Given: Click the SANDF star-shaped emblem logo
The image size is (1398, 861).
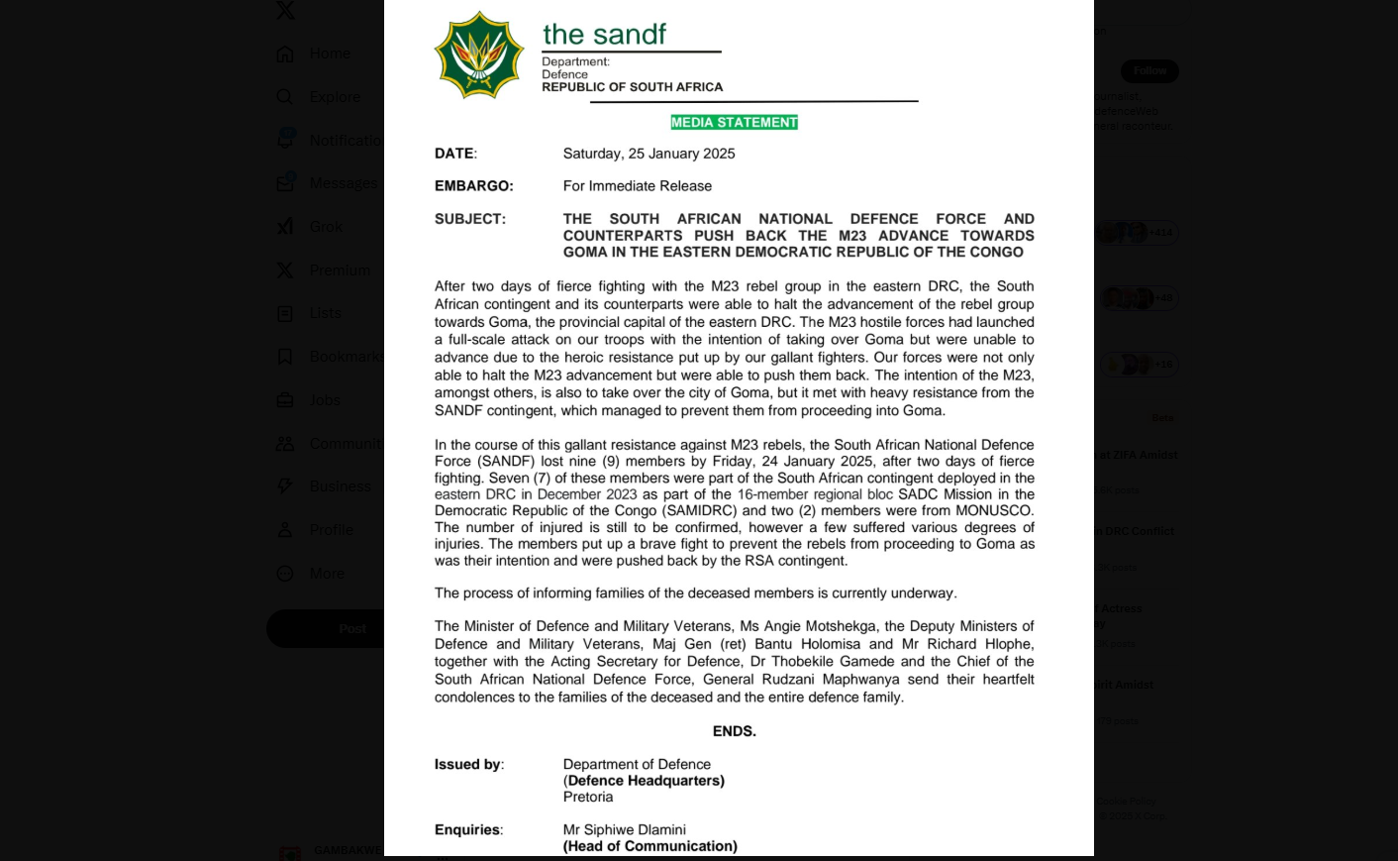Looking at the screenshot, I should pos(479,55).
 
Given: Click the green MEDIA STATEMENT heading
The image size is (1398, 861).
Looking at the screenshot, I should pos(734,123).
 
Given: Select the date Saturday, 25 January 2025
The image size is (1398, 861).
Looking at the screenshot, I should pos(649,154).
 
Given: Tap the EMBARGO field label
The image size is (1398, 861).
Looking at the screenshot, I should pos(473,186).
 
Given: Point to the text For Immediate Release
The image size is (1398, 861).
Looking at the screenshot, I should pos(637,186).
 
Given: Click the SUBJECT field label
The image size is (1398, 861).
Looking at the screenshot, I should pos(469,219).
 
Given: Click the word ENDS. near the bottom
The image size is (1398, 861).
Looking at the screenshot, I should pos(734,731).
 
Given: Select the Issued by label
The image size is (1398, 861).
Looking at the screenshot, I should pos(468,765).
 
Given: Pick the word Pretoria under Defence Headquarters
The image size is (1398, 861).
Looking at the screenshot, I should pos(588,797).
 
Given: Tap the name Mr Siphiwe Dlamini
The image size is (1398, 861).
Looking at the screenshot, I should pos(624,830).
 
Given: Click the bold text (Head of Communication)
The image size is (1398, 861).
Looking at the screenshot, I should pos(649,846).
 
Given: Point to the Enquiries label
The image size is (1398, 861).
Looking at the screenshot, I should pos(468,830).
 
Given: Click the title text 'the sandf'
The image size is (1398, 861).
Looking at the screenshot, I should pos(604,35).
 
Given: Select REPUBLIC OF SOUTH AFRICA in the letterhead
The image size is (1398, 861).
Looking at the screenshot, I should pos(632,87).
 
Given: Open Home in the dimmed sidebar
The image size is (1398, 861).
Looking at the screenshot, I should pos(330,54).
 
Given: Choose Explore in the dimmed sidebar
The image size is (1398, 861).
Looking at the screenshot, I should pos(335,97).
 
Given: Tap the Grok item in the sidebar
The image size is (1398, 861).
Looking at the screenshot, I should pos(326,227).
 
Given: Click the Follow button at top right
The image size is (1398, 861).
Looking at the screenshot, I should pos(1149,71).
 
